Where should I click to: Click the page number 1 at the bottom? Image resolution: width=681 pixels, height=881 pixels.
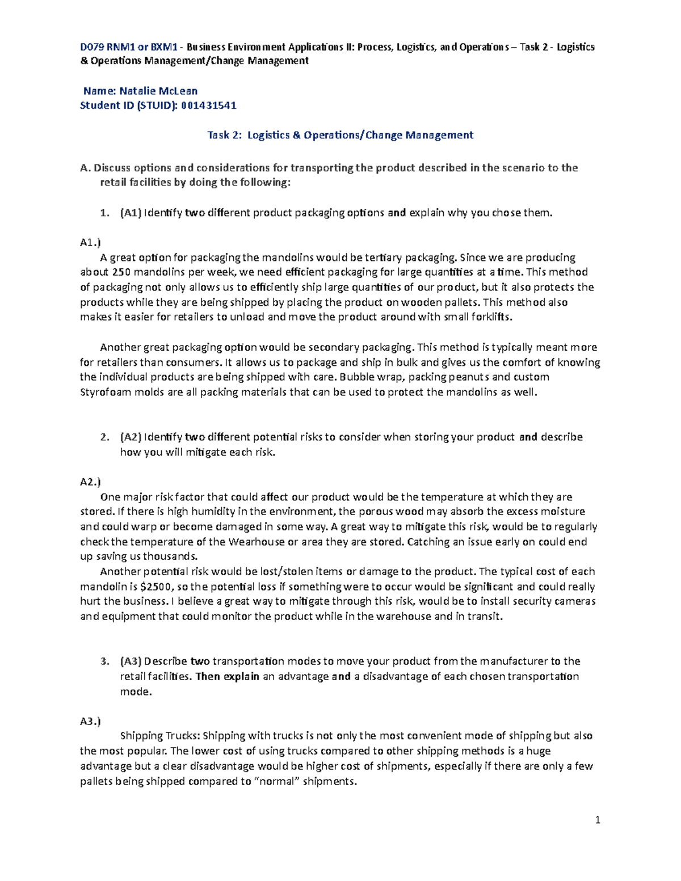[598, 820]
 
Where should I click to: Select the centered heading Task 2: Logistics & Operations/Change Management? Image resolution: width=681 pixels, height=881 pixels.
[340, 135]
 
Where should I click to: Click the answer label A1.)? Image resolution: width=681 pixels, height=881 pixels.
[90, 242]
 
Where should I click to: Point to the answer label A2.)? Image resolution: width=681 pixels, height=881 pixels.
[90, 482]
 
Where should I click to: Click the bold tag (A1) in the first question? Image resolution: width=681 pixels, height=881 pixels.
[131, 213]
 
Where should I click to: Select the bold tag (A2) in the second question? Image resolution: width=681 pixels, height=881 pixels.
[131, 437]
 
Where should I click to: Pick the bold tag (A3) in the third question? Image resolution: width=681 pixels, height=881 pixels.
[131, 661]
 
